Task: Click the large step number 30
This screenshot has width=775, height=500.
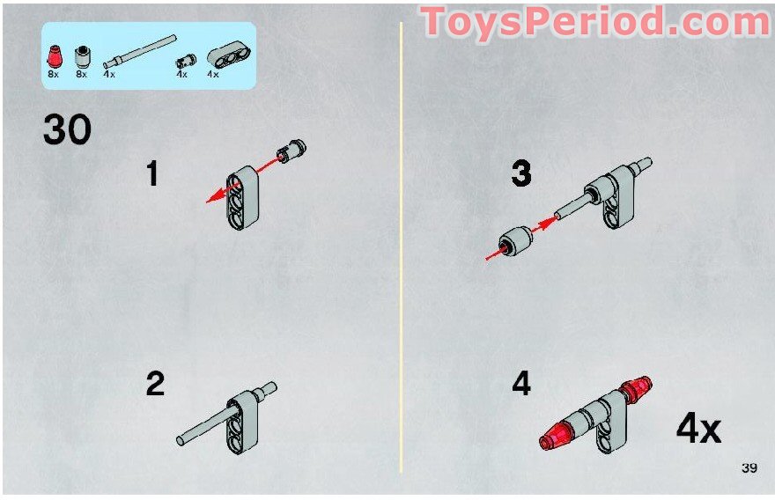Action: click(67, 129)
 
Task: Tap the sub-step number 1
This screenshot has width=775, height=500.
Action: click(152, 173)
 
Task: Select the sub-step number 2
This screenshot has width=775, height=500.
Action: click(155, 384)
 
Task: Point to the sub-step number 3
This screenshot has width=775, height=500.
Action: click(521, 173)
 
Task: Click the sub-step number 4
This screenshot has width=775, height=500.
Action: click(521, 384)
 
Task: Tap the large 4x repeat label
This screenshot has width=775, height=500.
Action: click(698, 429)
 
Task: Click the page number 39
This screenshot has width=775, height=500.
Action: click(749, 467)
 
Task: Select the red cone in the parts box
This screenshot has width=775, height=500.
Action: click(55, 57)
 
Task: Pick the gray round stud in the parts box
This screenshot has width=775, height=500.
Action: click(83, 57)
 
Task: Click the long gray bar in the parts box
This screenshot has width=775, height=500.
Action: click(139, 51)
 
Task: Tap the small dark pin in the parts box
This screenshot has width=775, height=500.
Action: click(186, 62)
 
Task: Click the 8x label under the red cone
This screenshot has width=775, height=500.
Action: click(54, 74)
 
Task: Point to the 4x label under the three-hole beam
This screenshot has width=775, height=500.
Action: click(213, 74)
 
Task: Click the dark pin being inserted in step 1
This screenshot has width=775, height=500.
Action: click(292, 151)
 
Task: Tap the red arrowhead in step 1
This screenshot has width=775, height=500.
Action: click(213, 197)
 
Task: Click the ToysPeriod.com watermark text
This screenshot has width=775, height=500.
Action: click(596, 23)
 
